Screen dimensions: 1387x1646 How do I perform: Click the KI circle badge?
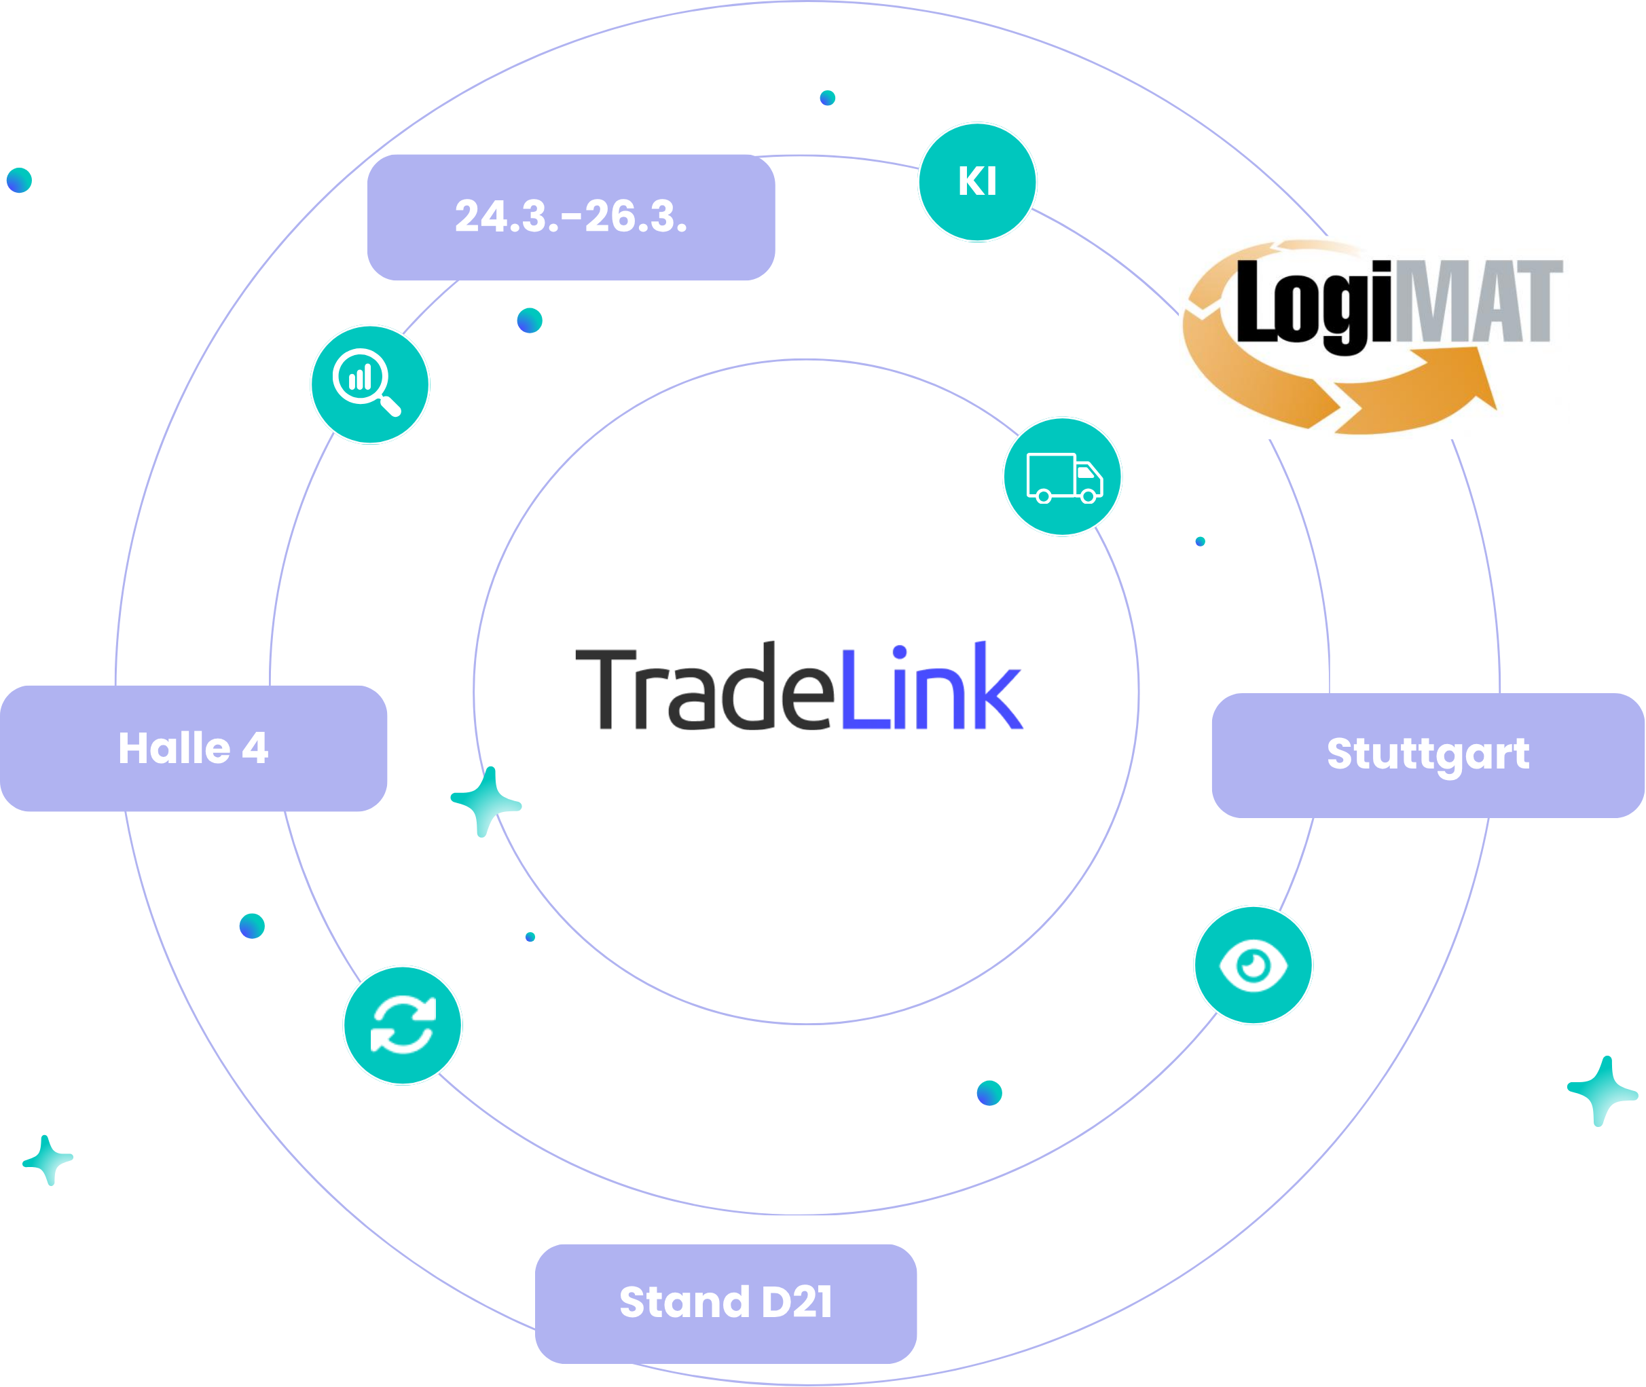[x=976, y=182]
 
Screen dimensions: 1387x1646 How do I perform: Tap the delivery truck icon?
[x=1063, y=477]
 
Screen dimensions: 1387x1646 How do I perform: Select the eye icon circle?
[x=1253, y=965]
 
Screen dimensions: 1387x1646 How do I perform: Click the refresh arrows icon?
[x=403, y=1025]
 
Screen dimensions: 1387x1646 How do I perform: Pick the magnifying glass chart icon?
[x=369, y=384]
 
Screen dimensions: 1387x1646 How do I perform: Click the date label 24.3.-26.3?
[x=571, y=217]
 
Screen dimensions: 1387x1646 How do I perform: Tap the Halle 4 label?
[x=194, y=747]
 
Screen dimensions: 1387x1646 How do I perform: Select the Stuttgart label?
[x=1427, y=755]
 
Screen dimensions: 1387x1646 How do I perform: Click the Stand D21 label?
[x=725, y=1302]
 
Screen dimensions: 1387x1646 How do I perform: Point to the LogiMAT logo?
[x=1373, y=337]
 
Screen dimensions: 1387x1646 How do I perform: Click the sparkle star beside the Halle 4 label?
[x=486, y=801]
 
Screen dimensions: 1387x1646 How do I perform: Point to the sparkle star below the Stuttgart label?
[x=1602, y=1090]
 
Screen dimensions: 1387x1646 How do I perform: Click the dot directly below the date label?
[x=529, y=320]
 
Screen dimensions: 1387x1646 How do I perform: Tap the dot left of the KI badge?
[x=827, y=98]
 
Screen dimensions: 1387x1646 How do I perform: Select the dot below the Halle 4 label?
[x=252, y=925]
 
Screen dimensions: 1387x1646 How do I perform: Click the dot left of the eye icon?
[x=989, y=1093]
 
